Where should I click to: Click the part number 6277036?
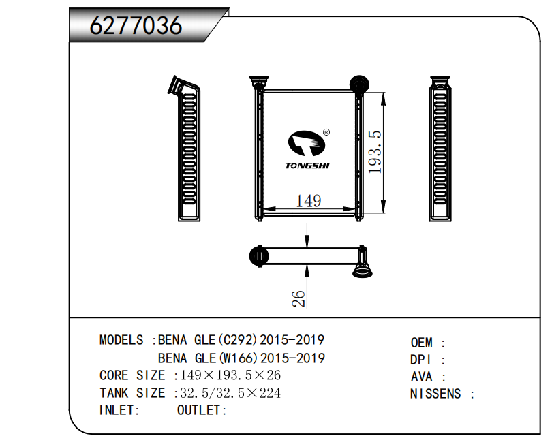[136, 25]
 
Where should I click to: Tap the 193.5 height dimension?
[375, 152]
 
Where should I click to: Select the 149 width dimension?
[309, 201]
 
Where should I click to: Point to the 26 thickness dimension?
[298, 299]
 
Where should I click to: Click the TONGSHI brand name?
[307, 166]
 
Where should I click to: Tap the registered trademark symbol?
[326, 132]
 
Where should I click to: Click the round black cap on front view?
[359, 84]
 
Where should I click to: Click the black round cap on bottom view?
[258, 256]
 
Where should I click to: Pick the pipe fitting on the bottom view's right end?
[363, 262]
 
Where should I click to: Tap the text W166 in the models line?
[239, 358]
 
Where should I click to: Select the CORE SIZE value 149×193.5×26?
[230, 375]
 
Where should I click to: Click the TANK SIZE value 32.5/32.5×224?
[230, 393]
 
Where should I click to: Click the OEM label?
[421, 343]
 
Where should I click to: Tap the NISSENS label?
[435, 394]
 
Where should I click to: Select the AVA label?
[421, 377]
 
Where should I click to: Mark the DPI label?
[420, 360]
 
